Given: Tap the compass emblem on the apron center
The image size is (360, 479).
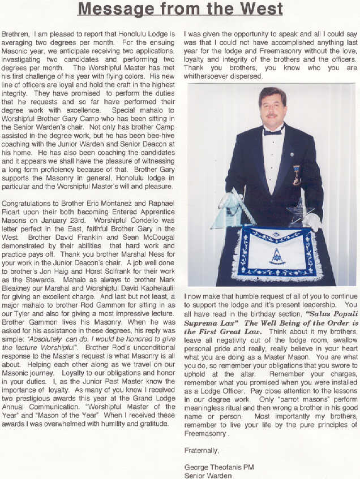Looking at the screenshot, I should click(x=277, y=256).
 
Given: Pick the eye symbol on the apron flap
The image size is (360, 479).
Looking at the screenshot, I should click(x=277, y=233).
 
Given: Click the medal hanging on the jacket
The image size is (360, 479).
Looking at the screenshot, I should click(x=297, y=175).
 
